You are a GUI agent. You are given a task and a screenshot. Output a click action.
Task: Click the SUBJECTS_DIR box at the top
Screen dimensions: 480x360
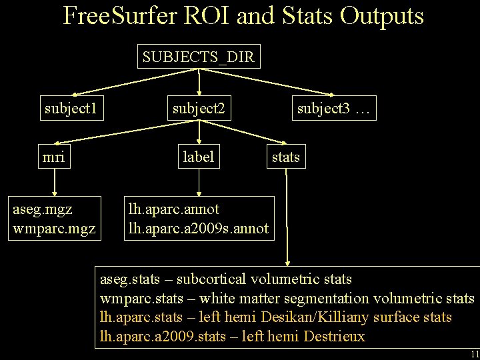(x=198, y=57)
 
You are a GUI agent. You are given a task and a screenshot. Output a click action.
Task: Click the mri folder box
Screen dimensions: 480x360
(x=53, y=157)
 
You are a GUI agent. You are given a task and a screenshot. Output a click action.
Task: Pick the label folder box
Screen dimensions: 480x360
(x=199, y=157)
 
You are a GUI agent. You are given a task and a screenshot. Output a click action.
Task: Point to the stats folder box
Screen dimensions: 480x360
(x=285, y=157)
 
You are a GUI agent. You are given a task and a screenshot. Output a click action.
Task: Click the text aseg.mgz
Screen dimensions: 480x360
(x=43, y=209)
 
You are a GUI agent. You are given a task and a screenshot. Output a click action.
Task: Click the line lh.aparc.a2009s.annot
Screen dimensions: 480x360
(x=198, y=229)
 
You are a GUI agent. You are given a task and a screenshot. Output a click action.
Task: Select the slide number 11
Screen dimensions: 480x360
(x=474, y=353)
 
